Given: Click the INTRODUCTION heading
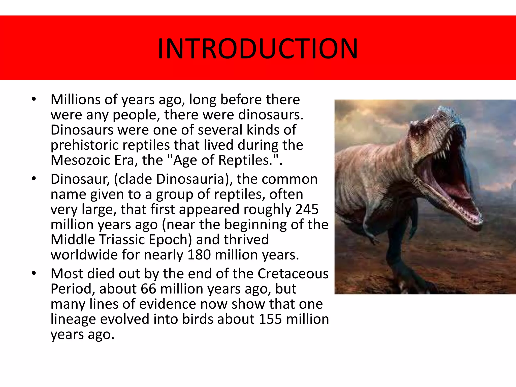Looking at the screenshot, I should [x=257, y=48].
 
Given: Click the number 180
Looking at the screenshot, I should [x=199, y=255].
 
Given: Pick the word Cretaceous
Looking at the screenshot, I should [x=293, y=274].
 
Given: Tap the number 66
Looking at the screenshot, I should [x=149, y=289].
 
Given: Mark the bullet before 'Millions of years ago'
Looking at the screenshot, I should [x=34, y=99].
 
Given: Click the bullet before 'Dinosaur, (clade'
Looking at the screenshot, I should [x=34, y=179].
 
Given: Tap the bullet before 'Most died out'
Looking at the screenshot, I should [x=34, y=273].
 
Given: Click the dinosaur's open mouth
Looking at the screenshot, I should [x=446, y=176].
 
